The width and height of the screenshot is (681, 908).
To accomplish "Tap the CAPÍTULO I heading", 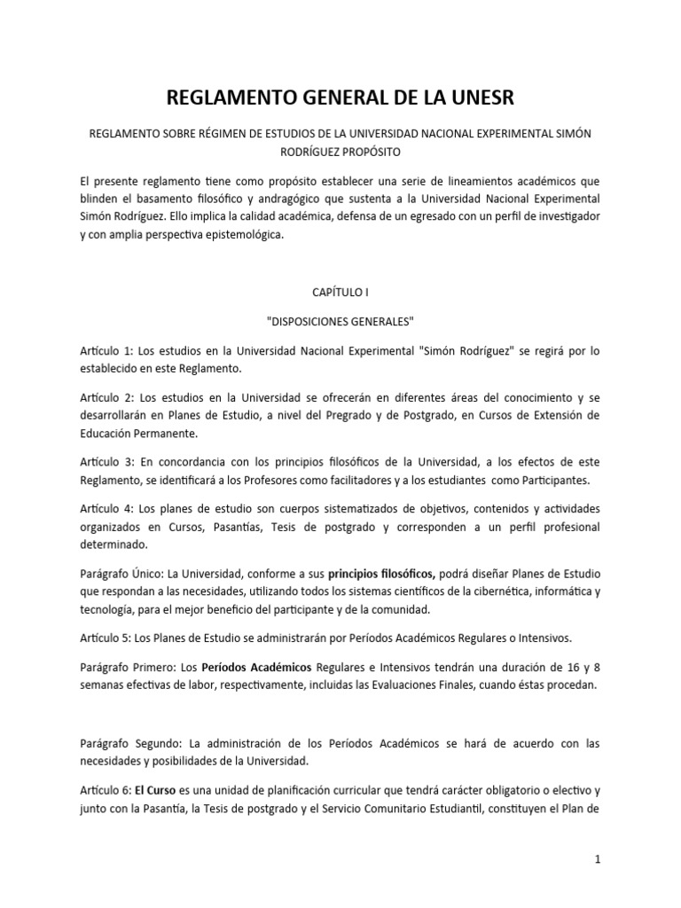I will (340, 290).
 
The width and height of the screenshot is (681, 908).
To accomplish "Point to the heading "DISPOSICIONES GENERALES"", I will (340, 320).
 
